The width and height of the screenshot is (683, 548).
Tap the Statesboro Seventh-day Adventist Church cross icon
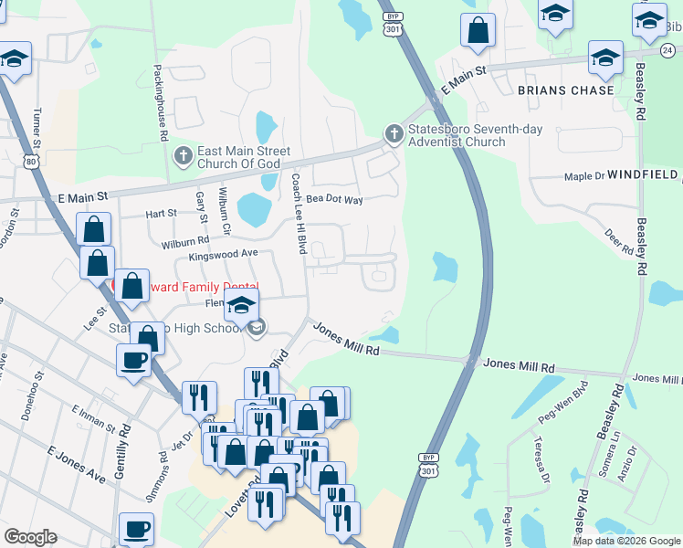(394, 135)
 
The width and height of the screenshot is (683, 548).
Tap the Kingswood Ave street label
(224, 255)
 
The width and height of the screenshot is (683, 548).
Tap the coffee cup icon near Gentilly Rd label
(136, 529)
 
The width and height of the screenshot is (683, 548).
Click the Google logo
(30, 537)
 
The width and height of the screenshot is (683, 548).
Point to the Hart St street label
(161, 214)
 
